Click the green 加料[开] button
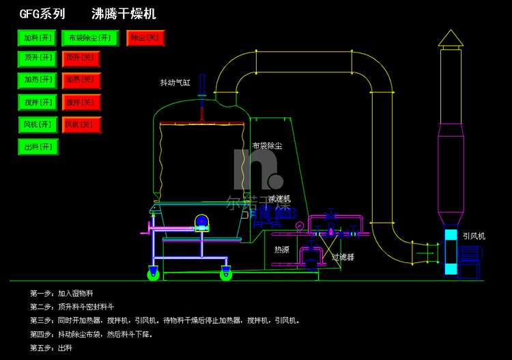[x=38, y=38]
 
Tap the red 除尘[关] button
[x=146, y=38]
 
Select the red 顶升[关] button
[x=81, y=59]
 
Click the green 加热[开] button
[x=38, y=81]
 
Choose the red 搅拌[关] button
[x=81, y=103]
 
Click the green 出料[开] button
[x=38, y=147]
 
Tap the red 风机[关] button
[x=81, y=125]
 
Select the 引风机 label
[x=474, y=236]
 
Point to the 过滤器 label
[x=343, y=258]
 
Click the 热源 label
[x=281, y=250]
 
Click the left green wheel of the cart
[x=154, y=275]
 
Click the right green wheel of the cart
[x=225, y=275]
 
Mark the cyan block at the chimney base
[x=451, y=252]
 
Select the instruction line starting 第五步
[x=51, y=348]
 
